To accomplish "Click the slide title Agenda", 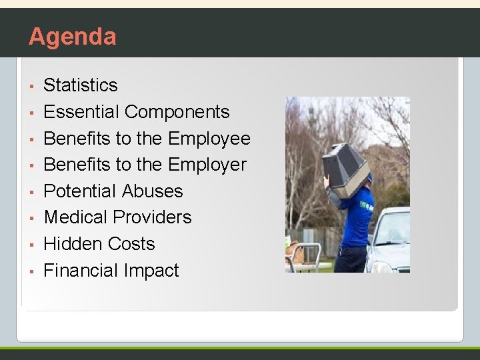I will pos(72,36).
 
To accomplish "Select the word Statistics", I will pos(80,85).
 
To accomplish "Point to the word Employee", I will pos(209,139).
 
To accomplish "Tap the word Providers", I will pos(152,217).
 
